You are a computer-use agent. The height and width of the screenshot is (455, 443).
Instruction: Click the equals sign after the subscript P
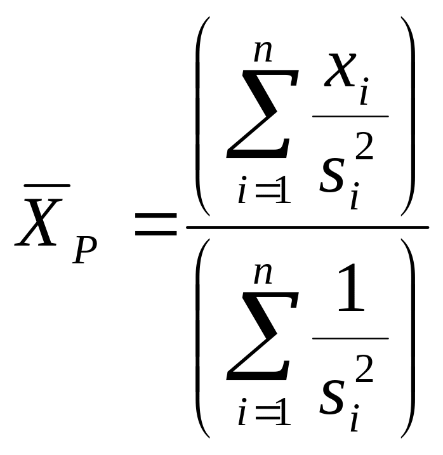point(156,225)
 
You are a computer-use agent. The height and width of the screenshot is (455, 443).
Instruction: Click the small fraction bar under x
point(350,117)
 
